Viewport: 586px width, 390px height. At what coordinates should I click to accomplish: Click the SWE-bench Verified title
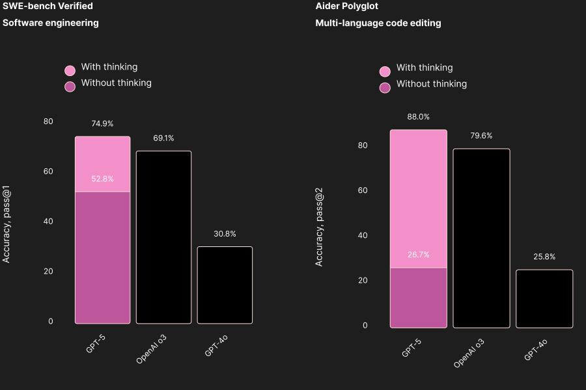point(48,6)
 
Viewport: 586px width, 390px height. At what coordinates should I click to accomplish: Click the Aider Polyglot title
point(346,6)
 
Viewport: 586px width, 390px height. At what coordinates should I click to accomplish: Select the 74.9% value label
point(102,123)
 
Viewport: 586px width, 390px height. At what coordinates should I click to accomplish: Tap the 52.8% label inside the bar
point(102,179)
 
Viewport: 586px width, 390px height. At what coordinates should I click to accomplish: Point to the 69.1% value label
point(163,138)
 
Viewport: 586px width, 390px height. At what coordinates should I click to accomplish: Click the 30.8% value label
point(225,234)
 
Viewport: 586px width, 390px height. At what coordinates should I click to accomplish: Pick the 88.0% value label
point(418,117)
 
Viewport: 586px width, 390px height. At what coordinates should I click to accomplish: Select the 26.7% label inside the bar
point(418,255)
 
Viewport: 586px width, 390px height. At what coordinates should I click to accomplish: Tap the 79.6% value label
point(481,136)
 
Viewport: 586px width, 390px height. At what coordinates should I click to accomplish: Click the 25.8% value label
point(544,257)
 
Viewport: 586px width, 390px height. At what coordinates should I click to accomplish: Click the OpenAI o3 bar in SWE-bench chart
point(163,237)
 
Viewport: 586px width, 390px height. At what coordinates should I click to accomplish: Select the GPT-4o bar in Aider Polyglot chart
point(544,299)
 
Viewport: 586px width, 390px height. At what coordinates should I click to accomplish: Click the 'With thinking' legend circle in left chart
point(70,70)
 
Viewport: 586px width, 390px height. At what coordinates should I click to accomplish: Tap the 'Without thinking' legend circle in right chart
point(385,88)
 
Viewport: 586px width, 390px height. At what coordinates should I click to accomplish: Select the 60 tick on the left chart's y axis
point(48,172)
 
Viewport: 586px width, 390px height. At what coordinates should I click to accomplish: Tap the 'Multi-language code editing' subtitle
point(378,23)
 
